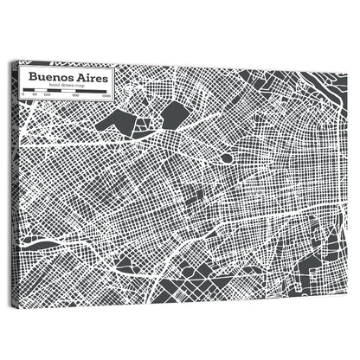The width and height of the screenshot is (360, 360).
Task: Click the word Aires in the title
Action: (x=87, y=77)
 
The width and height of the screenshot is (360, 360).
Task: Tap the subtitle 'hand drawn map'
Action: (x=67, y=86)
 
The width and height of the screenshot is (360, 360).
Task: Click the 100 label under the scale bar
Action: (x=46, y=96)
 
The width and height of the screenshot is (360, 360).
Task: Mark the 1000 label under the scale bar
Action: (x=106, y=97)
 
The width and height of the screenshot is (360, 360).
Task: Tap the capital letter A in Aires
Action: (x=74, y=77)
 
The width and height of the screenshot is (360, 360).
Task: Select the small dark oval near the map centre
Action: (x=226, y=158)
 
